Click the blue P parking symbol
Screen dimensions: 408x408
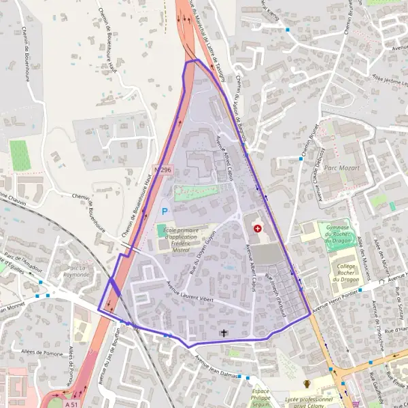(x=165, y=212)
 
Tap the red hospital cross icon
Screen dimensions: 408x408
(x=258, y=229)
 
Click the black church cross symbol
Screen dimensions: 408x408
(x=224, y=333)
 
